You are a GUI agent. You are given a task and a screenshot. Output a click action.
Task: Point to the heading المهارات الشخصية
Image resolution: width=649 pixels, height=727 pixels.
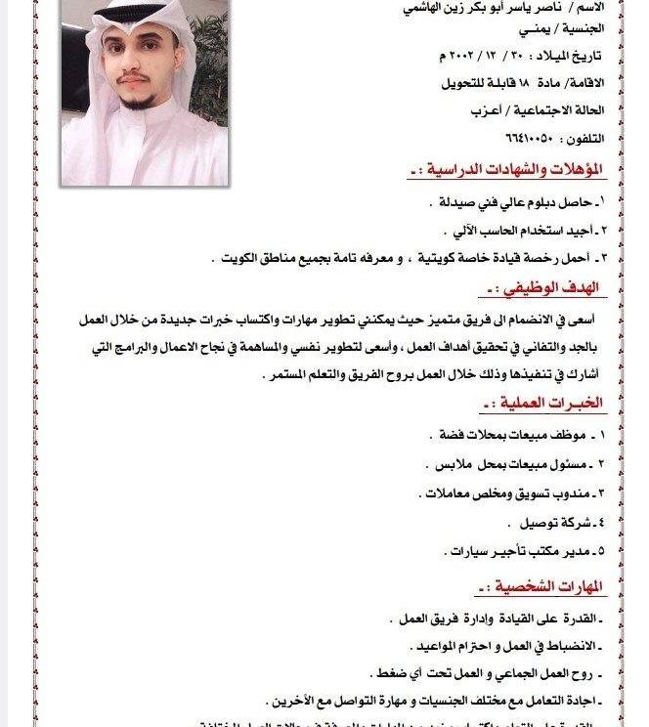coord(541,587)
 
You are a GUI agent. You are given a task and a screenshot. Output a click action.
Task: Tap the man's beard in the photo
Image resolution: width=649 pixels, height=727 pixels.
coord(144,98)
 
